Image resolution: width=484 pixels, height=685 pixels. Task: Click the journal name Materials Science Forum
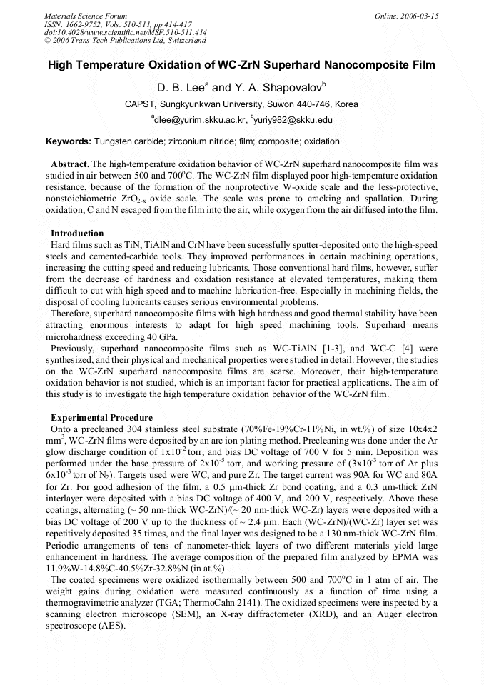(x=86, y=16)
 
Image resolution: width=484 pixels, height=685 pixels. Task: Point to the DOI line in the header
(x=125, y=33)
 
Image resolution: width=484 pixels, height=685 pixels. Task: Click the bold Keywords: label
(x=68, y=141)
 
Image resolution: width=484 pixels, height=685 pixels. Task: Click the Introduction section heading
(x=77, y=234)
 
